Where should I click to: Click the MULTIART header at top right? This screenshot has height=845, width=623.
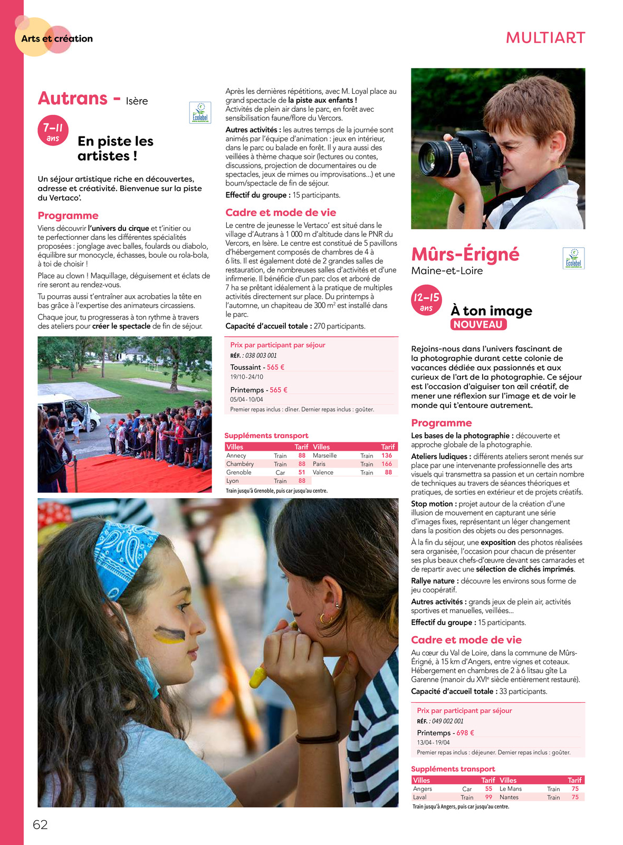coord(545,38)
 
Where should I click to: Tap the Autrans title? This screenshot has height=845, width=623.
coord(73,99)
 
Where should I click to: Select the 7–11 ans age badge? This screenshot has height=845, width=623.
coord(53,130)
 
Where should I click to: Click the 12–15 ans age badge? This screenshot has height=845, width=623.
coord(426,301)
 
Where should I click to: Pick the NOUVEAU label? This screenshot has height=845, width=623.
coord(478,325)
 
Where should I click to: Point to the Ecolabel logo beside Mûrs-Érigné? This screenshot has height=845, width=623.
coord(573,258)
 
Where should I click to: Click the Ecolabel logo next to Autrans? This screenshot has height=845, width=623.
coord(200,113)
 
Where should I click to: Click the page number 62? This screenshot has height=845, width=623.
coord(40,824)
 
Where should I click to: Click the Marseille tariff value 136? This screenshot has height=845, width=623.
coord(387,455)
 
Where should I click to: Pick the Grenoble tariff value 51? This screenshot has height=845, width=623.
coord(302,472)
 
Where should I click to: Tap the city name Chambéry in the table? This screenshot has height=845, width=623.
coord(240,464)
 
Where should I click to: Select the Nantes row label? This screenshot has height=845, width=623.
coord(509,797)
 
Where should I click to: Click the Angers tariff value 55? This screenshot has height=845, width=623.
coord(488,789)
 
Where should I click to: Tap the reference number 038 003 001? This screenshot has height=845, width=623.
coord(261,355)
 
